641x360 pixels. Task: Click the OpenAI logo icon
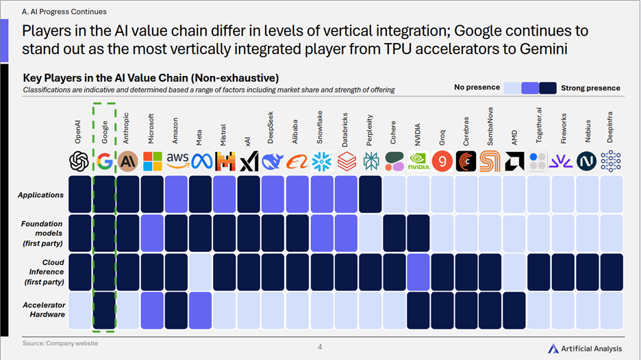[79, 162]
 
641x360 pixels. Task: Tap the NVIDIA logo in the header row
[418, 162]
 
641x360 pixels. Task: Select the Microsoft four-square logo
[153, 162]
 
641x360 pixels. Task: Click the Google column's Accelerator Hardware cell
[104, 311]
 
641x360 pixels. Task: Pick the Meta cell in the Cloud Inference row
[200, 272]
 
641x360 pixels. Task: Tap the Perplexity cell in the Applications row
[370, 194]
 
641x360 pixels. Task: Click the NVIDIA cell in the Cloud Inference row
[418, 272]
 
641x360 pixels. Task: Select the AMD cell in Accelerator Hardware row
[514, 311]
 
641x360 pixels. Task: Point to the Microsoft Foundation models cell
[152, 233]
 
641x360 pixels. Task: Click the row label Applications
[40, 195]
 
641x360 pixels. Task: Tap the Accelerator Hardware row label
[44, 310]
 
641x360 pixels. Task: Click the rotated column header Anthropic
[126, 128]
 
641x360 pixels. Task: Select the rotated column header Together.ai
[539, 125]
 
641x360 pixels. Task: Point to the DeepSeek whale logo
[273, 162]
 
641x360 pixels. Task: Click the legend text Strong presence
[590, 88]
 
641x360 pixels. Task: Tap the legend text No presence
[477, 87]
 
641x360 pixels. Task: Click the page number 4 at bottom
[320, 347]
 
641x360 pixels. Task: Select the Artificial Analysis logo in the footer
[585, 348]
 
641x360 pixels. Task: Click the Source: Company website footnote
[60, 344]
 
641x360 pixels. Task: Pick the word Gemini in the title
[544, 49]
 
